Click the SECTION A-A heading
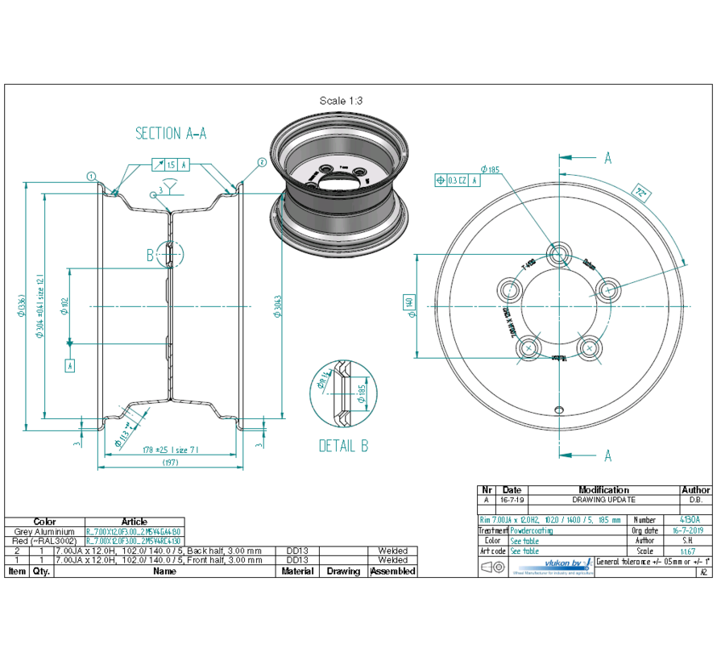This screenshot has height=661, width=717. [171, 134]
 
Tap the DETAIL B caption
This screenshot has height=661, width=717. [344, 446]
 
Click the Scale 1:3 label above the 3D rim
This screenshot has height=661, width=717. [341, 101]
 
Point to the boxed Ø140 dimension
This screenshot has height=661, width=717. [409, 303]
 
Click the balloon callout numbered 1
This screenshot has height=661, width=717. [92, 176]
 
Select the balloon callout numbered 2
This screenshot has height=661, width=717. [262, 162]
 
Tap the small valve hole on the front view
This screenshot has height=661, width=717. [559, 408]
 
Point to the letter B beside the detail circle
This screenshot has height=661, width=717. [149, 256]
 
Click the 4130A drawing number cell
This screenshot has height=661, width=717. [690, 521]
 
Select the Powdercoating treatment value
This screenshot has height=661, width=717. [532, 531]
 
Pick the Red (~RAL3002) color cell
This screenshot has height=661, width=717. [45, 542]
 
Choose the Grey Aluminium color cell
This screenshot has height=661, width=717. [45, 532]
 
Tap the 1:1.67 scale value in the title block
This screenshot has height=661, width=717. [690, 551]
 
